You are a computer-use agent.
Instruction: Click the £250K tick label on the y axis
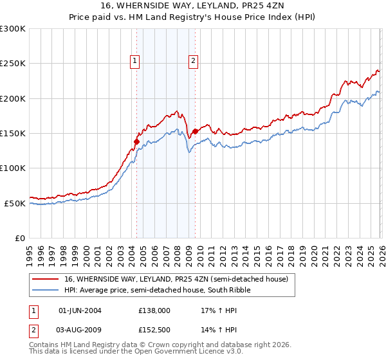click(x=13, y=64)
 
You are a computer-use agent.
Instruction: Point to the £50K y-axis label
click(x=15, y=203)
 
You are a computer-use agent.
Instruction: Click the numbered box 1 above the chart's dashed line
click(x=136, y=61)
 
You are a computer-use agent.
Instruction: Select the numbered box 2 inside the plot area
click(x=193, y=61)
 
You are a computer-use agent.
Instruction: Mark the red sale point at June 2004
click(x=136, y=141)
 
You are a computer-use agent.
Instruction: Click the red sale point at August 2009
click(x=195, y=132)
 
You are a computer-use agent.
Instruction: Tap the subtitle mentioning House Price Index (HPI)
click(x=193, y=18)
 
